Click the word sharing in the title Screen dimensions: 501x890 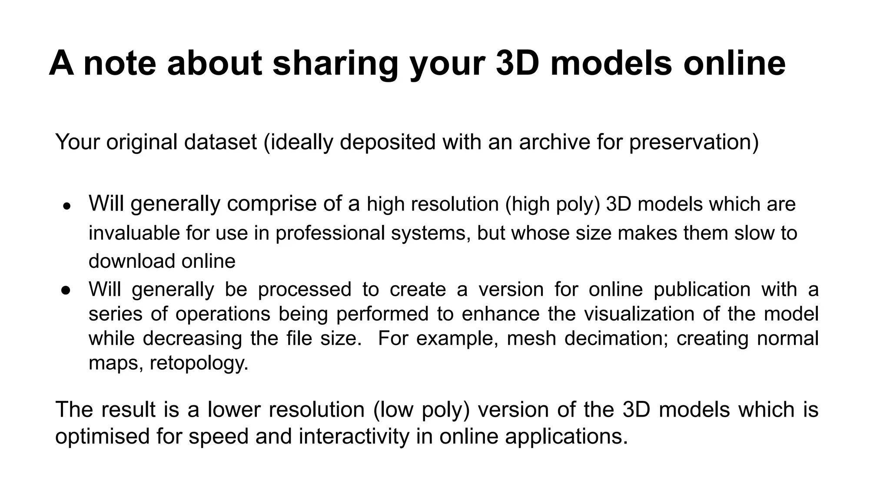(x=335, y=63)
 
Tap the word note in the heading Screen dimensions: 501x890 (x=120, y=63)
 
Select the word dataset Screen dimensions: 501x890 (x=220, y=142)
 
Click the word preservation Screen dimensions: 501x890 (x=694, y=142)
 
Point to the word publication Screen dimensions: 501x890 (x=702, y=290)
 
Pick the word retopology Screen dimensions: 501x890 (x=199, y=363)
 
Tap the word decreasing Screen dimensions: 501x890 (x=192, y=338)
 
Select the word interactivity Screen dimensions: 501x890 (x=354, y=436)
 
